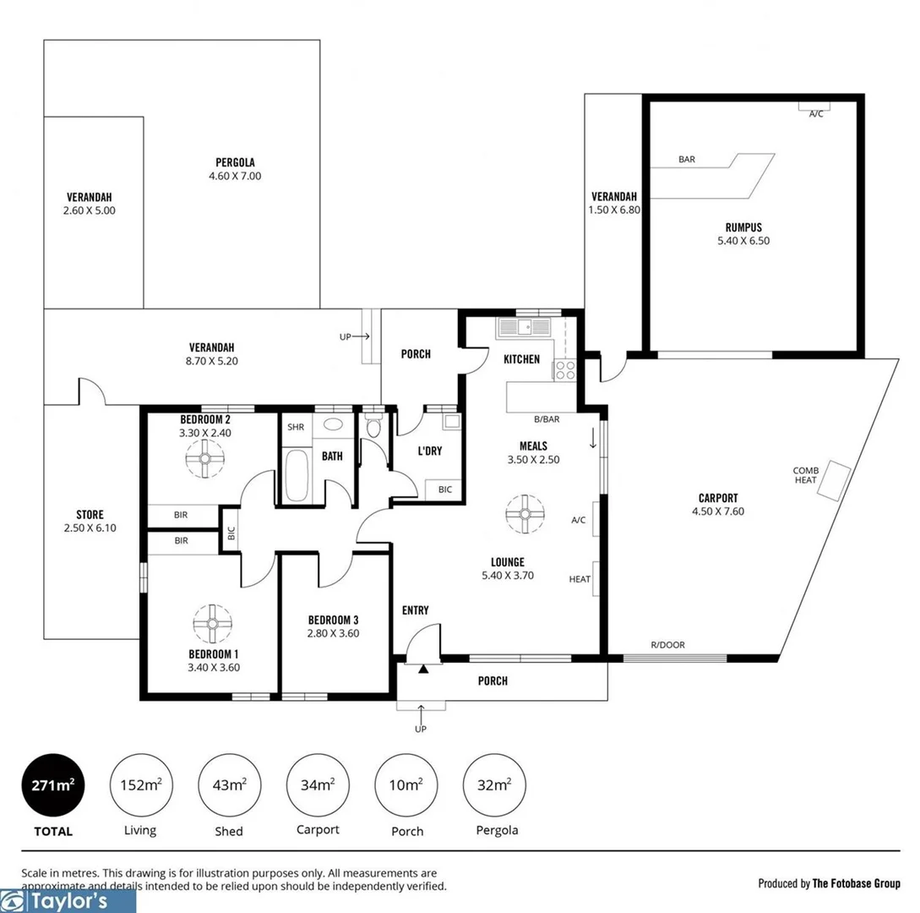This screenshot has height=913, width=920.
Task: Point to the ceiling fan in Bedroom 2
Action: tap(204, 460)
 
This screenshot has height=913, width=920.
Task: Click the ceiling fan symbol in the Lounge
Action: tap(524, 514)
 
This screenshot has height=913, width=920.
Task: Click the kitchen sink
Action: tap(523, 326)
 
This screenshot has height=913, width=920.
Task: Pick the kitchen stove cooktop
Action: tap(564, 369)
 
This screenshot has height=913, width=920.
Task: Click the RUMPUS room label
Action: tap(743, 227)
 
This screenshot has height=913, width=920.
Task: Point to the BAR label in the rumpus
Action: tap(686, 159)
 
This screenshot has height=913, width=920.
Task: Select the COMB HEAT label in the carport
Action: tap(805, 475)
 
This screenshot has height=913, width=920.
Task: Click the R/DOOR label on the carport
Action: tap(667, 645)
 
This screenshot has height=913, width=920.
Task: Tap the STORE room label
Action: tap(90, 515)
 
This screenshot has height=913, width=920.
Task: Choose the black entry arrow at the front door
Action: tap(423, 669)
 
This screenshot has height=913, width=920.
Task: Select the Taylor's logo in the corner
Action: tap(68, 901)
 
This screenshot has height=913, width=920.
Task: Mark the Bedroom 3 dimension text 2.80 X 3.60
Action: tap(334, 632)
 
